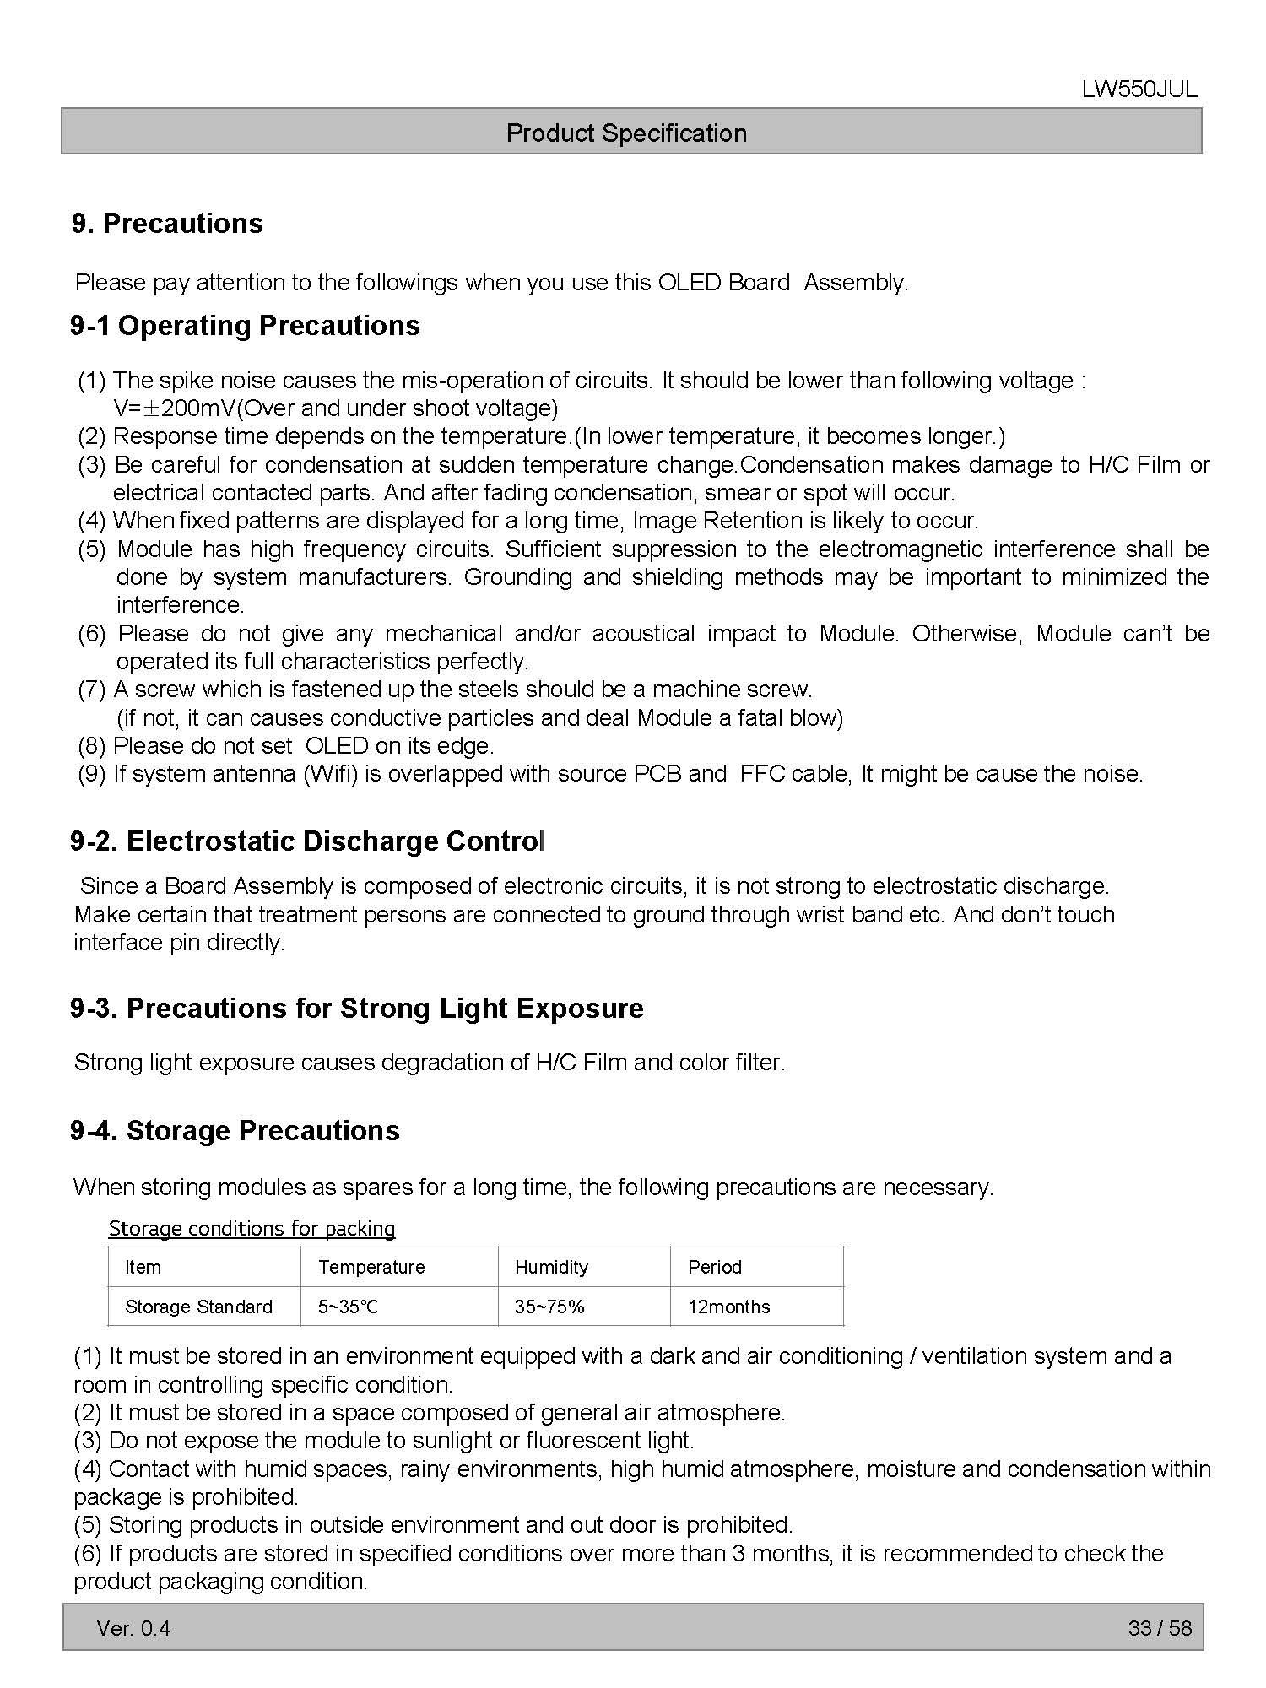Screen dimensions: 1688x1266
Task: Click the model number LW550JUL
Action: click(1139, 90)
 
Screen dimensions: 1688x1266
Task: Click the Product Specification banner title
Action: click(626, 133)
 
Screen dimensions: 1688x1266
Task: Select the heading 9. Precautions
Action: click(167, 224)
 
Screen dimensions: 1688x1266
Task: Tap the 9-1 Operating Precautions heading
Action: click(245, 326)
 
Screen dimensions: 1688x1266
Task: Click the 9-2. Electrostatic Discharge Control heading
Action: click(308, 841)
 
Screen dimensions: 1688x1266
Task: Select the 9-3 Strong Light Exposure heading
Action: click(356, 1008)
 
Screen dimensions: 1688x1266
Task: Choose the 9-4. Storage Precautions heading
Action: click(235, 1130)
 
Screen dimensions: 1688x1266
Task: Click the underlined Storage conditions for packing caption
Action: click(252, 1228)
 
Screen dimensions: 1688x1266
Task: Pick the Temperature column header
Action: click(371, 1267)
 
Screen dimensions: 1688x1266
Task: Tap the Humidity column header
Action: click(551, 1267)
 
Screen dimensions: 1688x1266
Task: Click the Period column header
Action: click(714, 1267)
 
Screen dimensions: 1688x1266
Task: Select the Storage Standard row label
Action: click(198, 1307)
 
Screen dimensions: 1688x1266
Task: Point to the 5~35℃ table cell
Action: click(348, 1307)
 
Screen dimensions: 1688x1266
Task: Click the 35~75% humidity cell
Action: click(549, 1307)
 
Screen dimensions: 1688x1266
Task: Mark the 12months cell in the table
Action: click(728, 1307)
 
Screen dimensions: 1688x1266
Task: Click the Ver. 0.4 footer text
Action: click(133, 1628)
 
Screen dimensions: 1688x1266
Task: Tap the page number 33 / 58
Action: click(1160, 1628)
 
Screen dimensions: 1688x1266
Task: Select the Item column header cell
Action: click(143, 1267)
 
